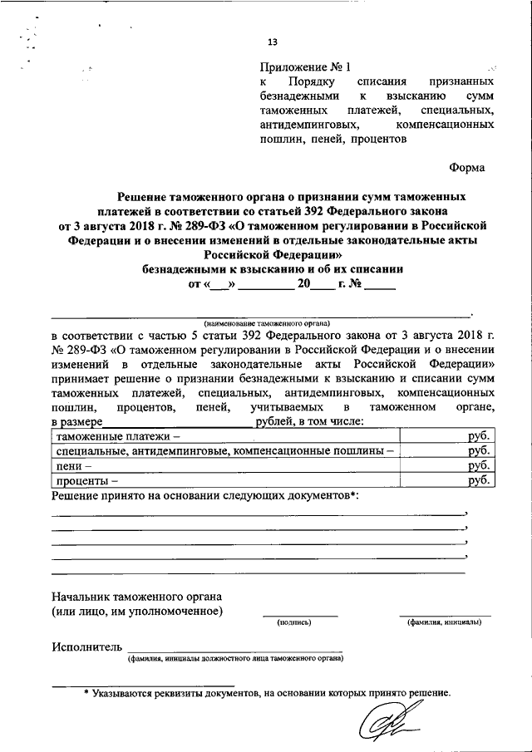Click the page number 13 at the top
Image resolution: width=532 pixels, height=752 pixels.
coord(272,43)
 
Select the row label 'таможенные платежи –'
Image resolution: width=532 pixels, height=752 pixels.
coord(117,436)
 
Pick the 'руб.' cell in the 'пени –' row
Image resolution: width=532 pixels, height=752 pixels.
coord(479,466)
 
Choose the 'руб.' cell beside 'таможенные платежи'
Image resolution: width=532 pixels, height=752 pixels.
coord(479,436)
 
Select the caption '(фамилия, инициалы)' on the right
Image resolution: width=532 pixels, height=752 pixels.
coord(444,621)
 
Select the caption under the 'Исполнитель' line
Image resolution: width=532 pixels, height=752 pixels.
coord(234,659)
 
